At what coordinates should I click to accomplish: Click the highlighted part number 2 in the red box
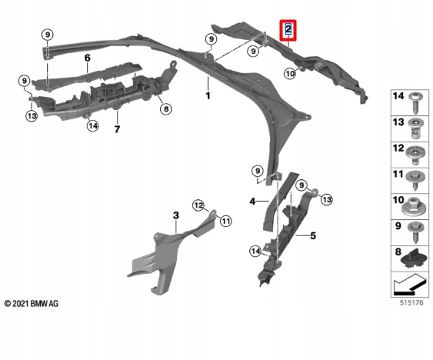[x=288, y=29]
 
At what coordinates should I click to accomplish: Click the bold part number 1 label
[x=208, y=95]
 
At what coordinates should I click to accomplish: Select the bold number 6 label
[x=87, y=58]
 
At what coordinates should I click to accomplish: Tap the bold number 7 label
[x=117, y=129]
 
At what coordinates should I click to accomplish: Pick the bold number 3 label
[x=176, y=215]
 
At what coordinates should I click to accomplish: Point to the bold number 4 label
[x=252, y=202]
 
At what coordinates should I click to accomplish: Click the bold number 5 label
[x=313, y=235]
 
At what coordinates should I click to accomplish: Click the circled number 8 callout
[x=165, y=109]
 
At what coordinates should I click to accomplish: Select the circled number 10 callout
[x=290, y=74]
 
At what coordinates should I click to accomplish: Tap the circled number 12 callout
[x=198, y=205]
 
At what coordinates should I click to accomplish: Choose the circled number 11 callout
[x=225, y=221]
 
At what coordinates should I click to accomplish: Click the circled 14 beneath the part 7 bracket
[x=92, y=126]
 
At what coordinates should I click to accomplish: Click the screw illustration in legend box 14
[x=415, y=103]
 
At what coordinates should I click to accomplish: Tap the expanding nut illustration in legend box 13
[x=415, y=128]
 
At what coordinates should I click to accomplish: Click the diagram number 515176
[x=411, y=303]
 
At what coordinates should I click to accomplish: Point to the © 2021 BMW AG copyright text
[x=32, y=304]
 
